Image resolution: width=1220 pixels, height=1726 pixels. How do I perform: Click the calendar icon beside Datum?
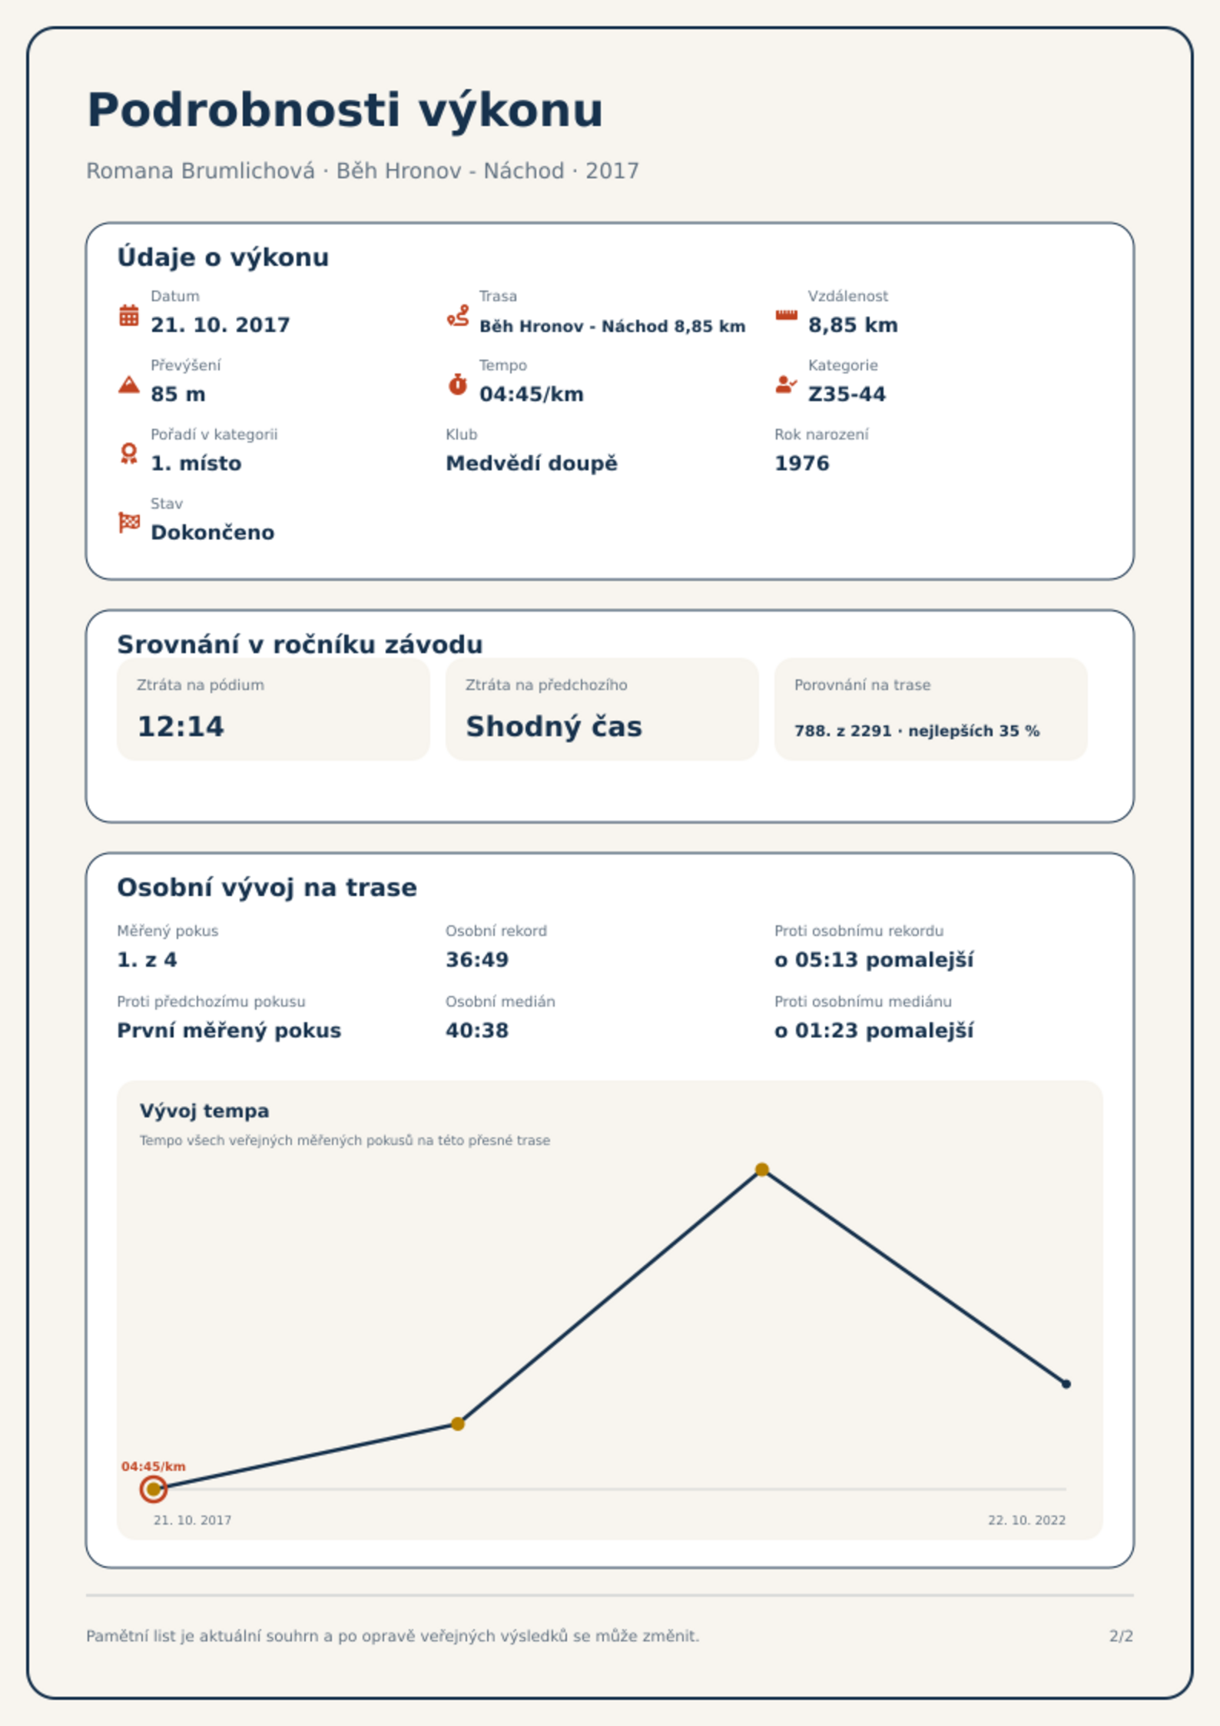point(129,315)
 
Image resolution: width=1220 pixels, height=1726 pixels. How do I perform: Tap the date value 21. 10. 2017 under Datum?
point(220,325)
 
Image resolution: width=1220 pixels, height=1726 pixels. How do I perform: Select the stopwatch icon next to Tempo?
point(458,384)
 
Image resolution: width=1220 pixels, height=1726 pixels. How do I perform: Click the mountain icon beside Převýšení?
point(129,384)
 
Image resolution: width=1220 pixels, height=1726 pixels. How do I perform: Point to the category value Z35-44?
point(847,394)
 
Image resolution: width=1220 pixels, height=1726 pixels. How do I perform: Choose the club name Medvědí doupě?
point(532,463)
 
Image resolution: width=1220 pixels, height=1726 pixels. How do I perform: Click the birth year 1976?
point(802,463)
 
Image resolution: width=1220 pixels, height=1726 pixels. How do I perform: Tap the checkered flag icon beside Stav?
point(129,523)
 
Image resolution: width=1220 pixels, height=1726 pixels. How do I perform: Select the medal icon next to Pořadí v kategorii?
point(129,453)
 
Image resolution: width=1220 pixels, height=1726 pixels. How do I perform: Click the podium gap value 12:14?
point(181,727)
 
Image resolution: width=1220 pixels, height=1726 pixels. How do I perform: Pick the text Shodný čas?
point(554,727)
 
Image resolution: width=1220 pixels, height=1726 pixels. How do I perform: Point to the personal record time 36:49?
point(477,960)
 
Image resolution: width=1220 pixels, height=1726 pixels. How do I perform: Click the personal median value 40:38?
point(477,1031)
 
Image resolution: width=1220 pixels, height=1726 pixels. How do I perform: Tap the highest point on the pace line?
point(762,1170)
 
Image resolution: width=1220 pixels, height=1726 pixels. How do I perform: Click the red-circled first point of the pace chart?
point(154,1489)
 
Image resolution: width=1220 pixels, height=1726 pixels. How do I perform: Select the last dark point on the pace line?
point(1066,1384)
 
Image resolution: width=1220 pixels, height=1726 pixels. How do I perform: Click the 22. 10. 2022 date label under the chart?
point(1027,1520)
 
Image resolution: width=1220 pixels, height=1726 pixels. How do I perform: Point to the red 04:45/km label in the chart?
point(154,1466)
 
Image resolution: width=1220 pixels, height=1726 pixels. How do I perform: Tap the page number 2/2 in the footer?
point(1122,1636)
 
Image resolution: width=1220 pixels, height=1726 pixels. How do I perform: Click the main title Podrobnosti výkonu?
point(345,110)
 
